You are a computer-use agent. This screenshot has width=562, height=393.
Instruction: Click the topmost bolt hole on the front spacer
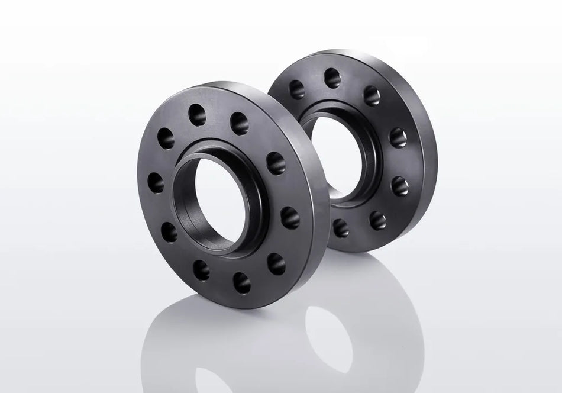pos(197,115)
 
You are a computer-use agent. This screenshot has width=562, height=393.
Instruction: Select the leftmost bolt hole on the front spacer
pos(156,183)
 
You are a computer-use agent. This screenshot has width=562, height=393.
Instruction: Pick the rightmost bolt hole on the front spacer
pos(290,217)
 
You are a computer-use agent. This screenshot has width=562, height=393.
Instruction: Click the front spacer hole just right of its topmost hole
pos(240,123)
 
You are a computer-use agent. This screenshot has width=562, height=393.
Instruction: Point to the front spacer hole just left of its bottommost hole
pos(201,270)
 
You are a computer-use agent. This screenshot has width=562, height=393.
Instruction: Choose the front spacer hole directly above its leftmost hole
pos(166,138)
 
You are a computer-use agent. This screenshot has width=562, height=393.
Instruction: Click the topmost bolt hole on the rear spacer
pos(332,78)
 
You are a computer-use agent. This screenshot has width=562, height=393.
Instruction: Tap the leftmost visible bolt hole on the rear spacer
pos(296,89)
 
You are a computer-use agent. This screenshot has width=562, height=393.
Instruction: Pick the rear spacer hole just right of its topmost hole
pos(372,95)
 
